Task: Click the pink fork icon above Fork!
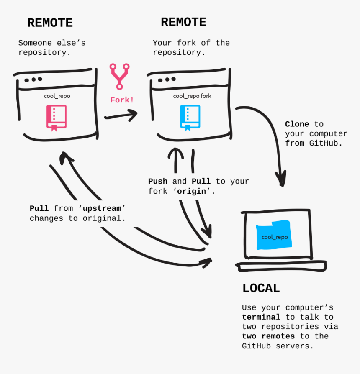coord(119,76)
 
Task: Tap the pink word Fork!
coord(122,100)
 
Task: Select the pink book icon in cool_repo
coord(56,117)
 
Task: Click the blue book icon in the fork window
coord(190,117)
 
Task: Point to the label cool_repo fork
coord(192,96)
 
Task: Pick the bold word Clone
coord(297,124)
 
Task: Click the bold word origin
coord(194,191)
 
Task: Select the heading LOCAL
coord(261,288)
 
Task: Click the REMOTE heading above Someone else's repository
coord(50,23)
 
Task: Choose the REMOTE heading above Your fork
coord(183,22)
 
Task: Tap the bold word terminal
coord(261,317)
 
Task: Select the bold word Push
coord(158,182)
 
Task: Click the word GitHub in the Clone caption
coord(324,143)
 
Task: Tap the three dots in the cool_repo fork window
coord(167,79)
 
